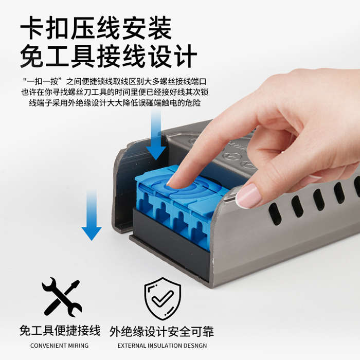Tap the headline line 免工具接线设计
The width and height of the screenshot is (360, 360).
108,57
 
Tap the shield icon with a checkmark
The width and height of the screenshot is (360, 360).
162,298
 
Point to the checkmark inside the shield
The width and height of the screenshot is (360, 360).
163,298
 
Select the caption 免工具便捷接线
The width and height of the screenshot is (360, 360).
60,331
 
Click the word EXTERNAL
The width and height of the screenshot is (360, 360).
133,346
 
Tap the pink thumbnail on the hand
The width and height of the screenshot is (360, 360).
249,196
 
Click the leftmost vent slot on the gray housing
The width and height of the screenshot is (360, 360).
275,213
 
